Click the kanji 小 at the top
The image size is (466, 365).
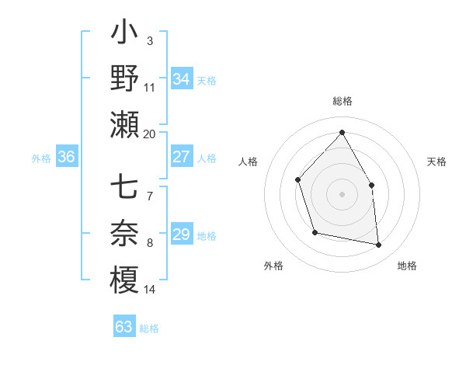[124, 35]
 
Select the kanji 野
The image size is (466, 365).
[124, 79]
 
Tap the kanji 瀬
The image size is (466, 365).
[124, 124]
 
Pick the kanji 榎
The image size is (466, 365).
[124, 280]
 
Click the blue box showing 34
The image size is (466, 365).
[181, 79]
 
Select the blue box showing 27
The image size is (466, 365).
[181, 158]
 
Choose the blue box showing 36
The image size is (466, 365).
[67, 158]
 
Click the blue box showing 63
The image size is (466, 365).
[124, 327]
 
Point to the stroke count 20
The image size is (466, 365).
[150, 134]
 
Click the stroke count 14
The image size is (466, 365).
[150, 290]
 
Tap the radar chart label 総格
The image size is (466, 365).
[342, 101]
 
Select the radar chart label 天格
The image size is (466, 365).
[436, 162]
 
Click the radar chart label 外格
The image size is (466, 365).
[273, 266]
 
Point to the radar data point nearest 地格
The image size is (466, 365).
[379, 245]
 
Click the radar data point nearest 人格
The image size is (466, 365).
[298, 180]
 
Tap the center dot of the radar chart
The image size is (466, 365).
[342, 193]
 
